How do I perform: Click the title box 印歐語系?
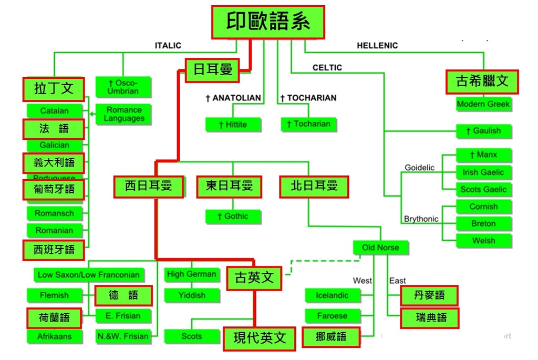pos(268,22)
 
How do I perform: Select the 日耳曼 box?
pos(212,70)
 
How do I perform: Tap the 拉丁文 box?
pos(54,89)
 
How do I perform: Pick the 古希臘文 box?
pos(482,81)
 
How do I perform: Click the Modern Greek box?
pos(483,104)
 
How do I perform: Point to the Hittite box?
pos(233,125)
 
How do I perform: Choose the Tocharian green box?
pos(308,124)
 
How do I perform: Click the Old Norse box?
pos(380,248)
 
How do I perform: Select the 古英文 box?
pos(254,278)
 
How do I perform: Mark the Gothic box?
pos(233,216)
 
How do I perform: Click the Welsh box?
pos(483,241)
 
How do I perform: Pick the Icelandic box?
pos(332,295)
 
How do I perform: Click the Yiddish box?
pos(192,295)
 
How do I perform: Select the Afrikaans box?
pos(54,336)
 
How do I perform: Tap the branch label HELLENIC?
pos(377,46)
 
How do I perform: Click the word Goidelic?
pos(419,168)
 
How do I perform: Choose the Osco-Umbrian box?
pos(122,87)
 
